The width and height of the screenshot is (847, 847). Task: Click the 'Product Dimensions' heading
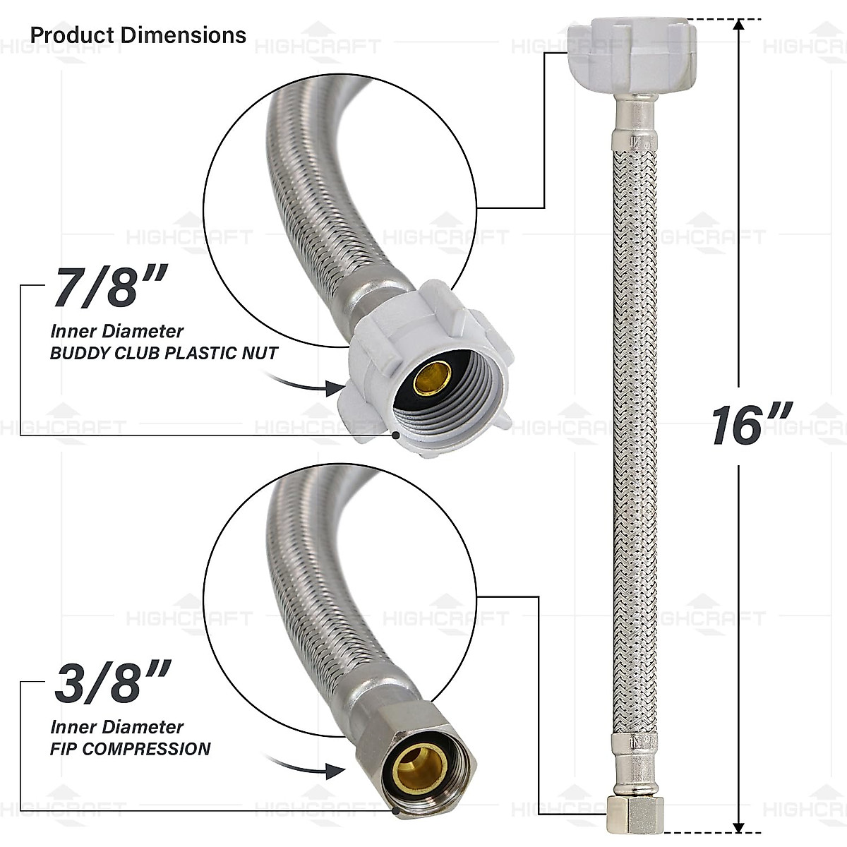(x=138, y=35)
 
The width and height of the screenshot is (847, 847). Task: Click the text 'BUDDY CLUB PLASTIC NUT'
(x=164, y=354)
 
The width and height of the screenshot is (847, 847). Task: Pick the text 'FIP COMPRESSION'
(x=130, y=749)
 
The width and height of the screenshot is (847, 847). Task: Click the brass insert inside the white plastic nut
(x=432, y=378)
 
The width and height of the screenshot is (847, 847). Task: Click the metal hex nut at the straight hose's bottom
(x=632, y=816)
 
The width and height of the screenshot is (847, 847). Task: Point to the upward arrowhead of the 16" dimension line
(x=739, y=26)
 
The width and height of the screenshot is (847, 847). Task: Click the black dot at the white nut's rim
(x=398, y=435)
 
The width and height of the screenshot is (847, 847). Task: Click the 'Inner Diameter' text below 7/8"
(x=116, y=331)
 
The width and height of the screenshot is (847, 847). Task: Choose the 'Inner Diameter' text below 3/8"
(x=116, y=727)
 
